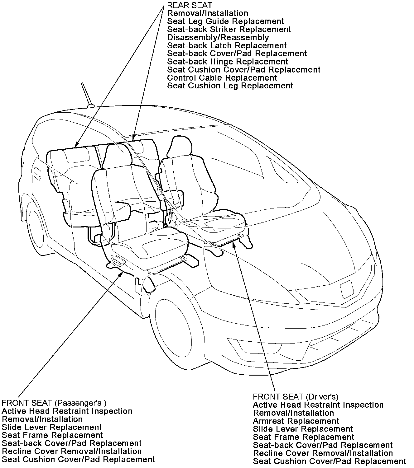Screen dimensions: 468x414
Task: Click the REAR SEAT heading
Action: click(190, 5)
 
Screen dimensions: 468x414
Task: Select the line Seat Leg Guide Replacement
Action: click(225, 21)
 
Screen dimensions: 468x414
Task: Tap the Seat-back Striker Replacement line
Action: click(229, 30)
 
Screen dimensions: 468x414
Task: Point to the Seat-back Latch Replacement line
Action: click(227, 46)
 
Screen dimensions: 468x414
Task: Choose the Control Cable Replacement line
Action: click(222, 78)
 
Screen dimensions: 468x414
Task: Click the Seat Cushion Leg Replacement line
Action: click(230, 86)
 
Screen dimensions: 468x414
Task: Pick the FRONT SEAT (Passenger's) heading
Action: click(54, 403)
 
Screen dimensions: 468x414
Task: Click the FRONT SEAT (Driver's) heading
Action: click(295, 397)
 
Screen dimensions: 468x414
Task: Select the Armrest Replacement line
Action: click(296, 421)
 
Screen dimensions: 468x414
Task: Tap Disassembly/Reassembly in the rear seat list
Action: click(218, 38)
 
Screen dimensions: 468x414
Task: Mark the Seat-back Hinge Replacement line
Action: click(227, 62)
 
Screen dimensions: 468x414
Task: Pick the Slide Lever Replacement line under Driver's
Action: click(303, 429)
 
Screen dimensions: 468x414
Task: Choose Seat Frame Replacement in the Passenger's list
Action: click(52, 435)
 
